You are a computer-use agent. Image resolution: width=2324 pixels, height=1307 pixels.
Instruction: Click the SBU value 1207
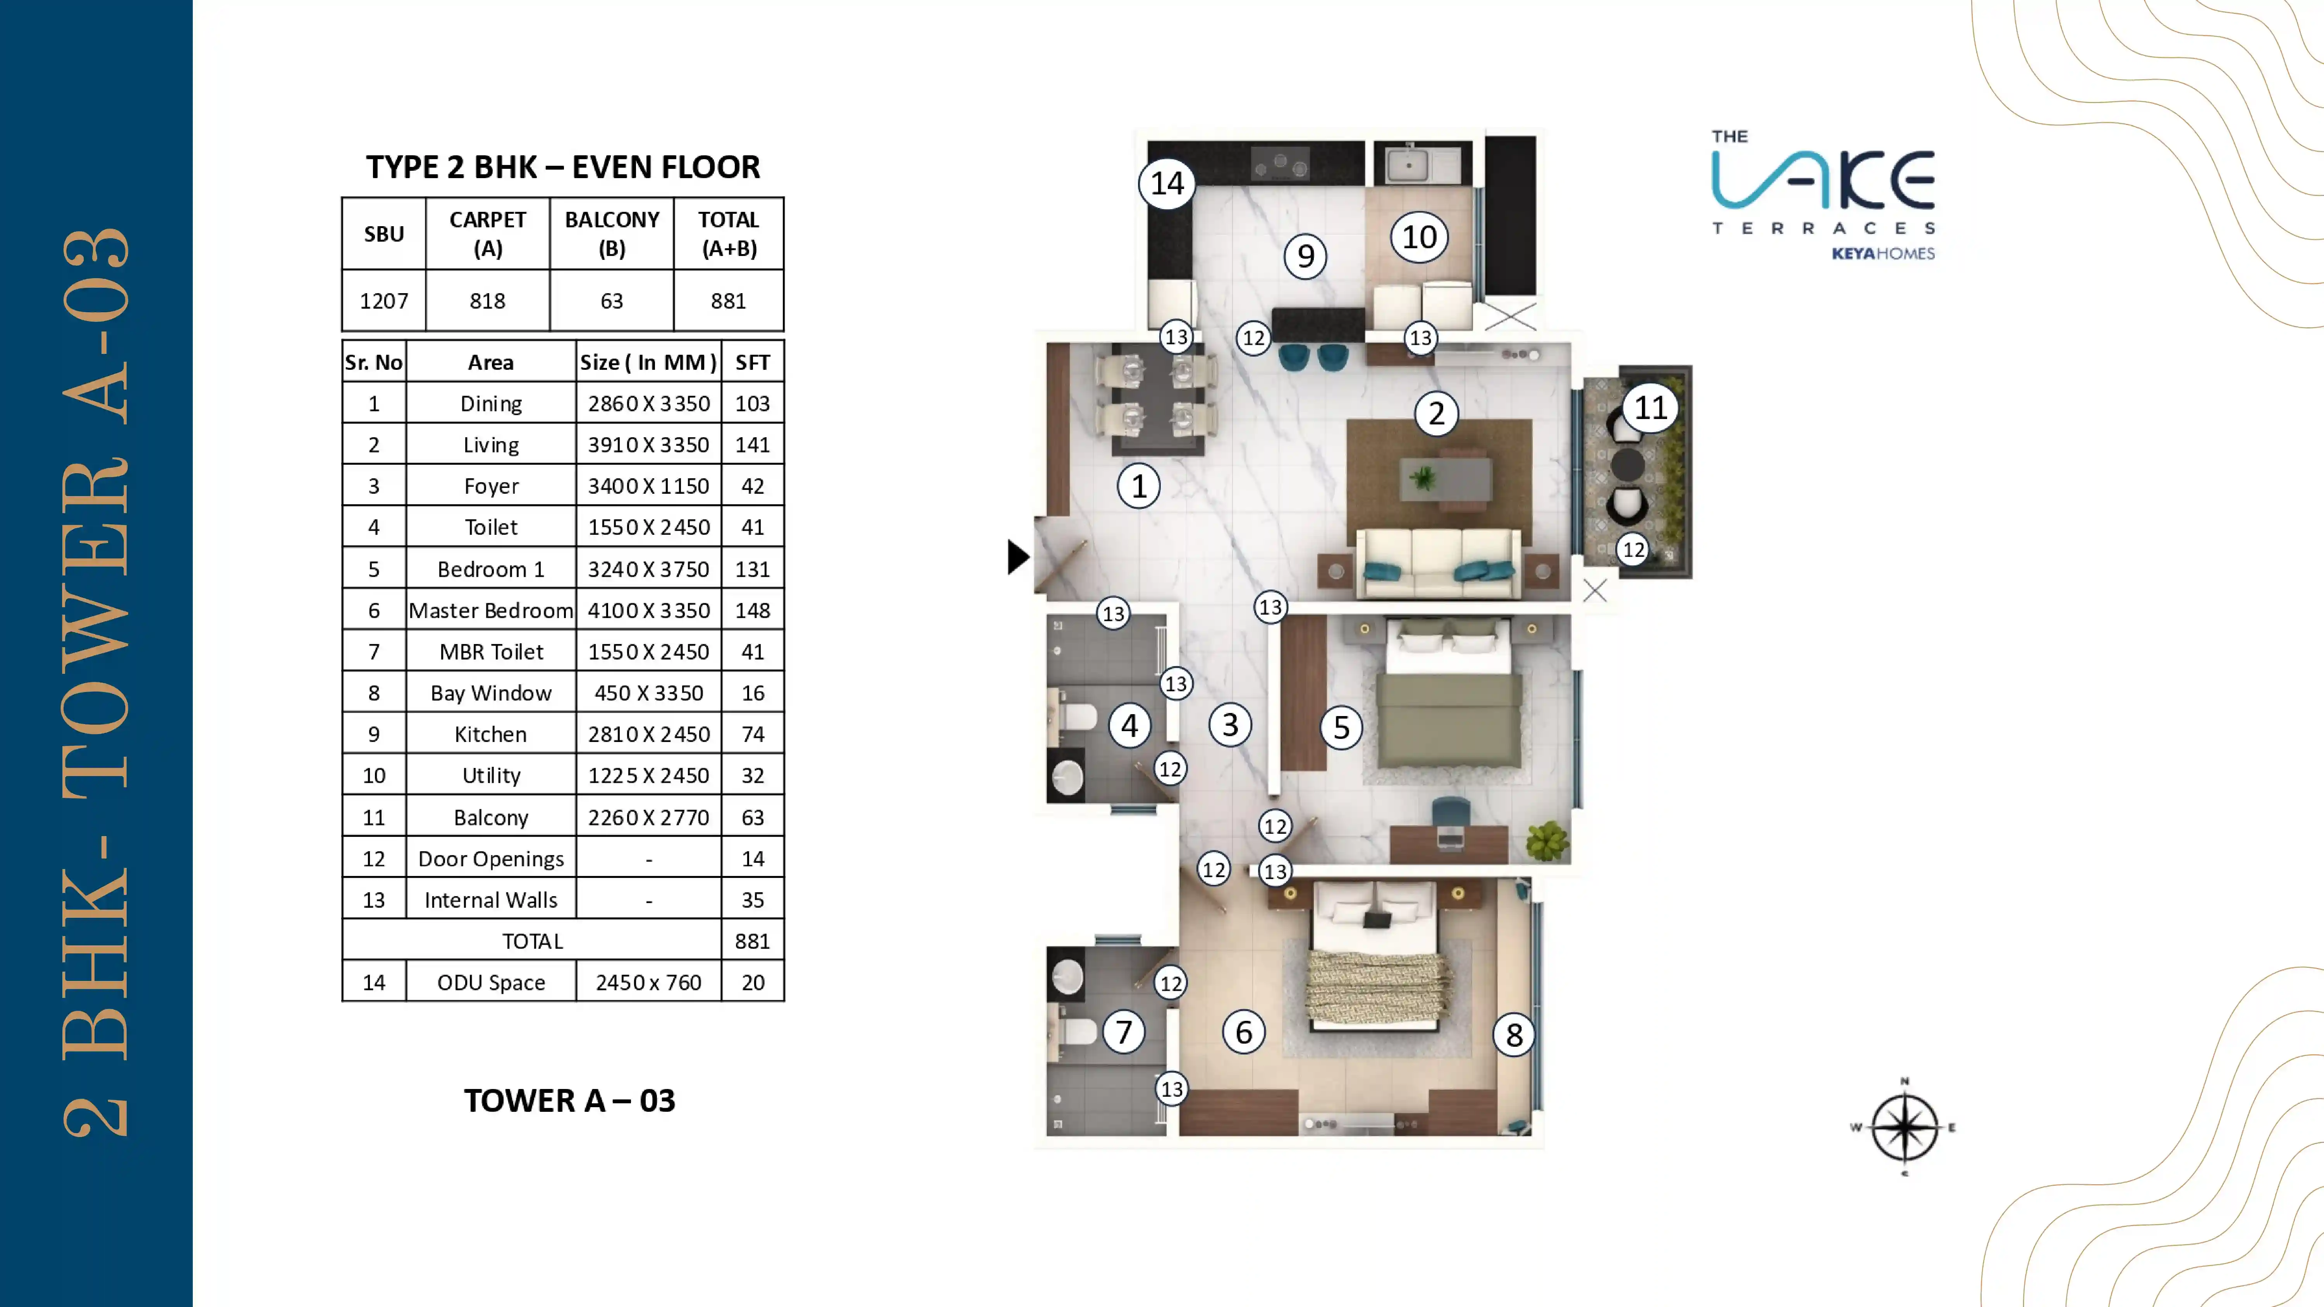(383, 301)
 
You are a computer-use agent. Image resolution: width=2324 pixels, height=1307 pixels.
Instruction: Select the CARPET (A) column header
(487, 234)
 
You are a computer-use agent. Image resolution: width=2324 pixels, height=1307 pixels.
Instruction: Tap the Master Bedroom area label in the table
(491, 611)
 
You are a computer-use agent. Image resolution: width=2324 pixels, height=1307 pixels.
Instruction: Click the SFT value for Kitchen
(753, 734)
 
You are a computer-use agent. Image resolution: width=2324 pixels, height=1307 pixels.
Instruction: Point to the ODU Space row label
(491, 982)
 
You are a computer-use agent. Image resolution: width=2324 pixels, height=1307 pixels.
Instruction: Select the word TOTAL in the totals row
(532, 941)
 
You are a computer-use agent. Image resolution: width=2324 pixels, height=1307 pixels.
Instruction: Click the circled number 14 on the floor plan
(1167, 184)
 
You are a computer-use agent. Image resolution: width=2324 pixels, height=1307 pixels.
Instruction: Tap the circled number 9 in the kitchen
(1305, 256)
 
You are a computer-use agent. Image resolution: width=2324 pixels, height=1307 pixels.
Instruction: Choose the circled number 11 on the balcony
(1650, 408)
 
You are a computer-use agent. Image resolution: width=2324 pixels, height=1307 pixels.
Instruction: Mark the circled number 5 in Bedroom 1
(1341, 727)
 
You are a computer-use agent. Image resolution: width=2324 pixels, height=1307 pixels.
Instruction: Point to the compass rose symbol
(1904, 1127)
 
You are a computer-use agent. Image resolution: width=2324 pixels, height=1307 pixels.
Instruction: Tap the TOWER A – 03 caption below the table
(569, 1101)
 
